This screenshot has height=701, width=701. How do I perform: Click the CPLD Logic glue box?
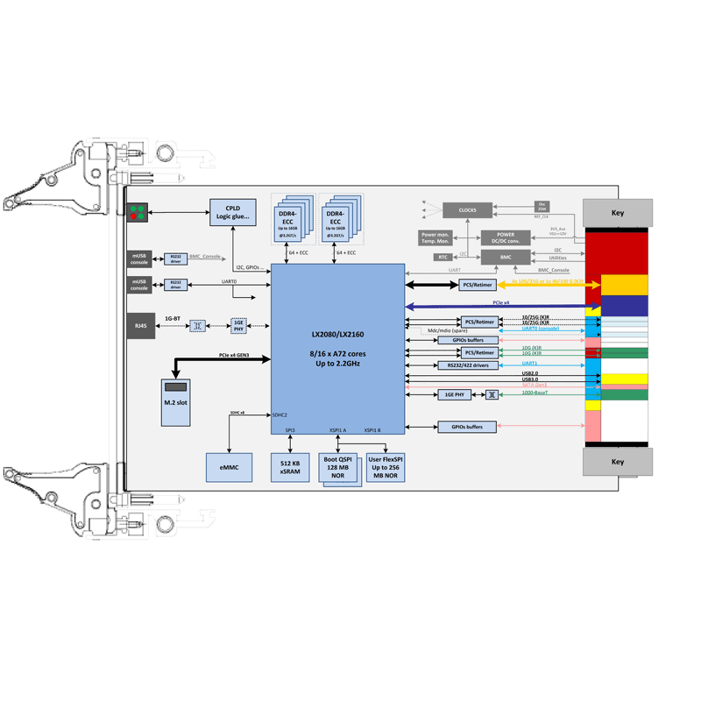(233, 212)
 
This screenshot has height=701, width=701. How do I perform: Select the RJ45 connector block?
(139, 324)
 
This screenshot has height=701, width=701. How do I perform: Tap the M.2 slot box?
(176, 402)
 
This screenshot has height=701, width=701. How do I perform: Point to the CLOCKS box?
(467, 210)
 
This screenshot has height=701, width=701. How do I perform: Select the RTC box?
(443, 258)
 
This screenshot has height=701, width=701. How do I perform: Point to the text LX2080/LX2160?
(337, 335)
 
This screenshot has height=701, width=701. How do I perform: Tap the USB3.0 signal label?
(530, 379)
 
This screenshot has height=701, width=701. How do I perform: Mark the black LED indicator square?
(138, 212)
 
